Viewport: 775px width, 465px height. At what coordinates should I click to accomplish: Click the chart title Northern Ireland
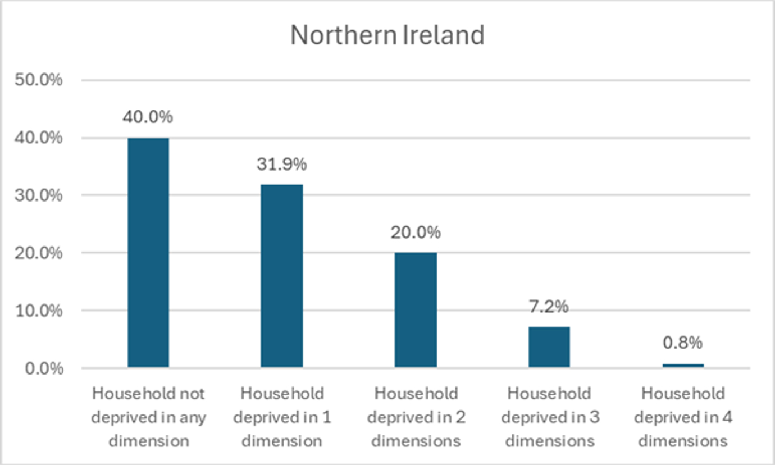[387, 35]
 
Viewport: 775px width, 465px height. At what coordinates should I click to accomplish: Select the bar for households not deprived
[148, 253]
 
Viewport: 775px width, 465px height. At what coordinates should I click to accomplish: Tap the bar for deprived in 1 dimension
[281, 276]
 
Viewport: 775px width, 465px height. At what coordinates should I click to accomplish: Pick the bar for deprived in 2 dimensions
[416, 310]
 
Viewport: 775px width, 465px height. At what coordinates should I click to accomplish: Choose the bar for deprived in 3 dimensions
[549, 347]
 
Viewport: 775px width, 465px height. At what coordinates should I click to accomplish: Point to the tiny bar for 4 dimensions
[683, 366]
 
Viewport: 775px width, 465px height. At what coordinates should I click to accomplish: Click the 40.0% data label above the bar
[148, 117]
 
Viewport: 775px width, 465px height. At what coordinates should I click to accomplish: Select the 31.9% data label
[282, 164]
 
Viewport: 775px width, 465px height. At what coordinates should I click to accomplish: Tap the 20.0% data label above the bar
[416, 232]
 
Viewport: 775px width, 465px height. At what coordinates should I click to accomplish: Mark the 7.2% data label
[549, 306]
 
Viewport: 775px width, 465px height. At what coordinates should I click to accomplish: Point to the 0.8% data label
[683, 343]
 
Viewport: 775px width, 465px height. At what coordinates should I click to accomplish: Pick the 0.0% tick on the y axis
[43, 368]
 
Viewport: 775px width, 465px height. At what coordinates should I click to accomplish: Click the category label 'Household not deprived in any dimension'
[148, 417]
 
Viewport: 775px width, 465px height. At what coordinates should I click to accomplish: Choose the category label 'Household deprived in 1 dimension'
[282, 417]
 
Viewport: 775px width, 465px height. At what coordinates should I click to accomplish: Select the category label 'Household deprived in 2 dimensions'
[416, 417]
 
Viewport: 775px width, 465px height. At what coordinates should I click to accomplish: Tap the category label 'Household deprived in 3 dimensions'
[549, 417]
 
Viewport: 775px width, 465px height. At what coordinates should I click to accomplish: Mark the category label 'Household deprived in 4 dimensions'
[683, 417]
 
